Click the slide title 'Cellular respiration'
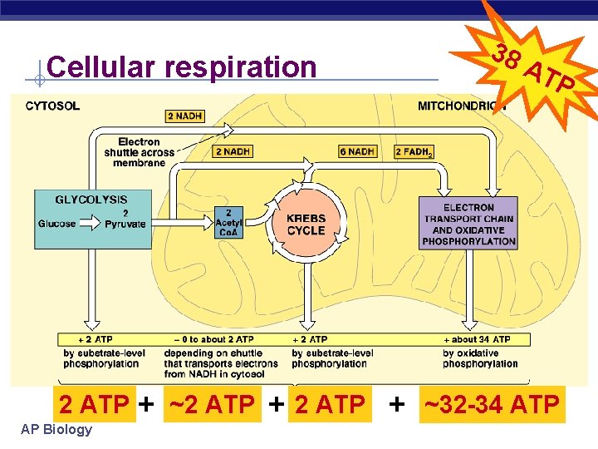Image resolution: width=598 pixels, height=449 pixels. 182,67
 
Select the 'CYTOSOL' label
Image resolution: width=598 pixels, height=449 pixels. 53,106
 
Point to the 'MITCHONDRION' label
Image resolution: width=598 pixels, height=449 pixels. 461,106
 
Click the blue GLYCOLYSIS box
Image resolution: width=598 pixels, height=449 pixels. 93,219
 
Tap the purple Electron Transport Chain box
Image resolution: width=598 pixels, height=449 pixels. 468,224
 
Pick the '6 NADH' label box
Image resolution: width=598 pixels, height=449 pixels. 357,151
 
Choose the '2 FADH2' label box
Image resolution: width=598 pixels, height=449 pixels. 414,151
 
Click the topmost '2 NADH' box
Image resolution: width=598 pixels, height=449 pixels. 184,116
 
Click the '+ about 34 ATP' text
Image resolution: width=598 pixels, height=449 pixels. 481,339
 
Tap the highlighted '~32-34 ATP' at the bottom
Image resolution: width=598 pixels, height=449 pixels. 492,405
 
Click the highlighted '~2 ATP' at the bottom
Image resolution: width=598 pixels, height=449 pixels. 212,405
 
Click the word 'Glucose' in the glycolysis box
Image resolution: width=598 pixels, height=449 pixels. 57,224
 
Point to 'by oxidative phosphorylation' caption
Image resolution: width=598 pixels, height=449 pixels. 480,358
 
